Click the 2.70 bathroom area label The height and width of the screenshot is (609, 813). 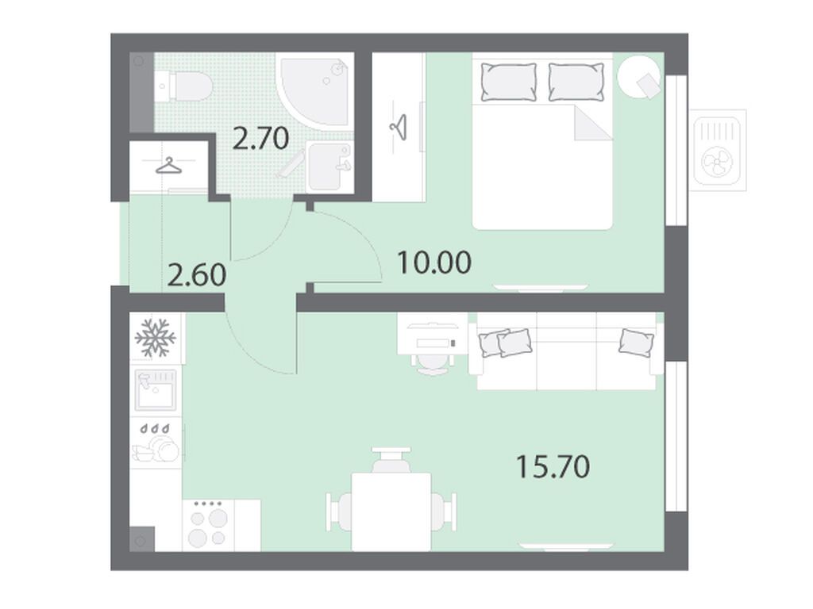tap(260, 138)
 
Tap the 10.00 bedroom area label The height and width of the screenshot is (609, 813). tap(434, 262)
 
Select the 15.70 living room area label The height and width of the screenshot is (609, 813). tap(553, 466)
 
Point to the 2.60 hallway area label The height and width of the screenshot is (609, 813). tap(197, 274)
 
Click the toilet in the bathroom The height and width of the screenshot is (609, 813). tap(183, 86)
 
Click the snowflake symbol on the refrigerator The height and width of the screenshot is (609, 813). tap(156, 338)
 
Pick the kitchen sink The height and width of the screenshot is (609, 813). tap(155, 389)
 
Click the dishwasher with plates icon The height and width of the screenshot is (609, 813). tap(155, 443)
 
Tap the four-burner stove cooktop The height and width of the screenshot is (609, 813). tap(209, 525)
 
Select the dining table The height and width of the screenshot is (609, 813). tap(391, 511)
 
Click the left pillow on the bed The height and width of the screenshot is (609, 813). tap(509, 82)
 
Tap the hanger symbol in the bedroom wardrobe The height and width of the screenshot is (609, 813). tap(399, 127)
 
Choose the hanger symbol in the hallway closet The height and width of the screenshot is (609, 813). tap(169, 166)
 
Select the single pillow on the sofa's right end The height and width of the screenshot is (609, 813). tap(636, 342)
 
